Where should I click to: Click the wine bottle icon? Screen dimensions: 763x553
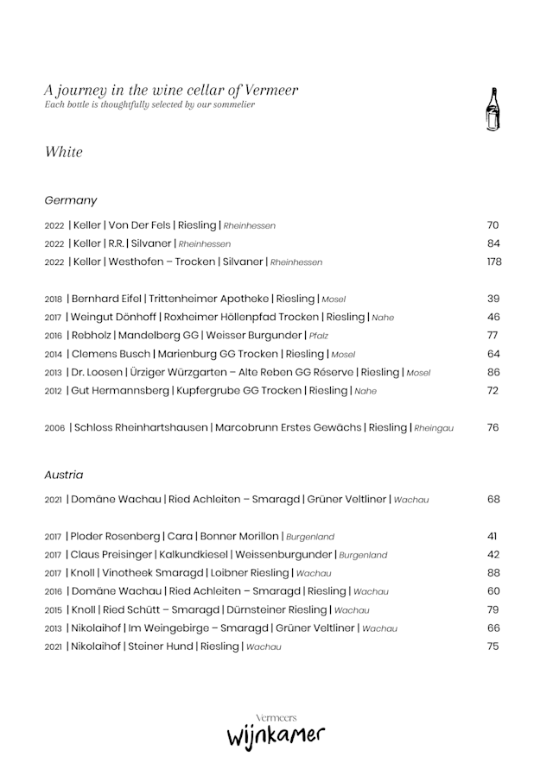click(493, 110)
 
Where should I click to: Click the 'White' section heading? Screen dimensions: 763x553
click(64, 152)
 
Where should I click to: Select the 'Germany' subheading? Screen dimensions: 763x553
click(71, 200)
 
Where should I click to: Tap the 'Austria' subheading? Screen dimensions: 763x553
click(64, 475)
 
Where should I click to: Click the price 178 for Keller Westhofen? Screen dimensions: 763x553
click(493, 262)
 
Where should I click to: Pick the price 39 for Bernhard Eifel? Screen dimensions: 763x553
click(493, 299)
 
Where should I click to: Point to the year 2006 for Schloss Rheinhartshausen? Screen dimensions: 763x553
click(54, 428)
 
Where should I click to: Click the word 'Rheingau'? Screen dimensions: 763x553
click(434, 428)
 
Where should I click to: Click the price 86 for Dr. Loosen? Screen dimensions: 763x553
click(493, 372)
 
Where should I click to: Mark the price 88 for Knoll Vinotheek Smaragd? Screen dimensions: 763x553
click(493, 572)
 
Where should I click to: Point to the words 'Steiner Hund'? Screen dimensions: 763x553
click(161, 646)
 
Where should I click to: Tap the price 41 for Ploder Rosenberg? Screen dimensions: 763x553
click(493, 536)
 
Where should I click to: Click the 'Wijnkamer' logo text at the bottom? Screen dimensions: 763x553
click(276, 737)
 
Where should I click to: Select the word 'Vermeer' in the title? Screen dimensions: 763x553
click(270, 90)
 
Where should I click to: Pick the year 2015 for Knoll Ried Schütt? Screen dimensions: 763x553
click(54, 609)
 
